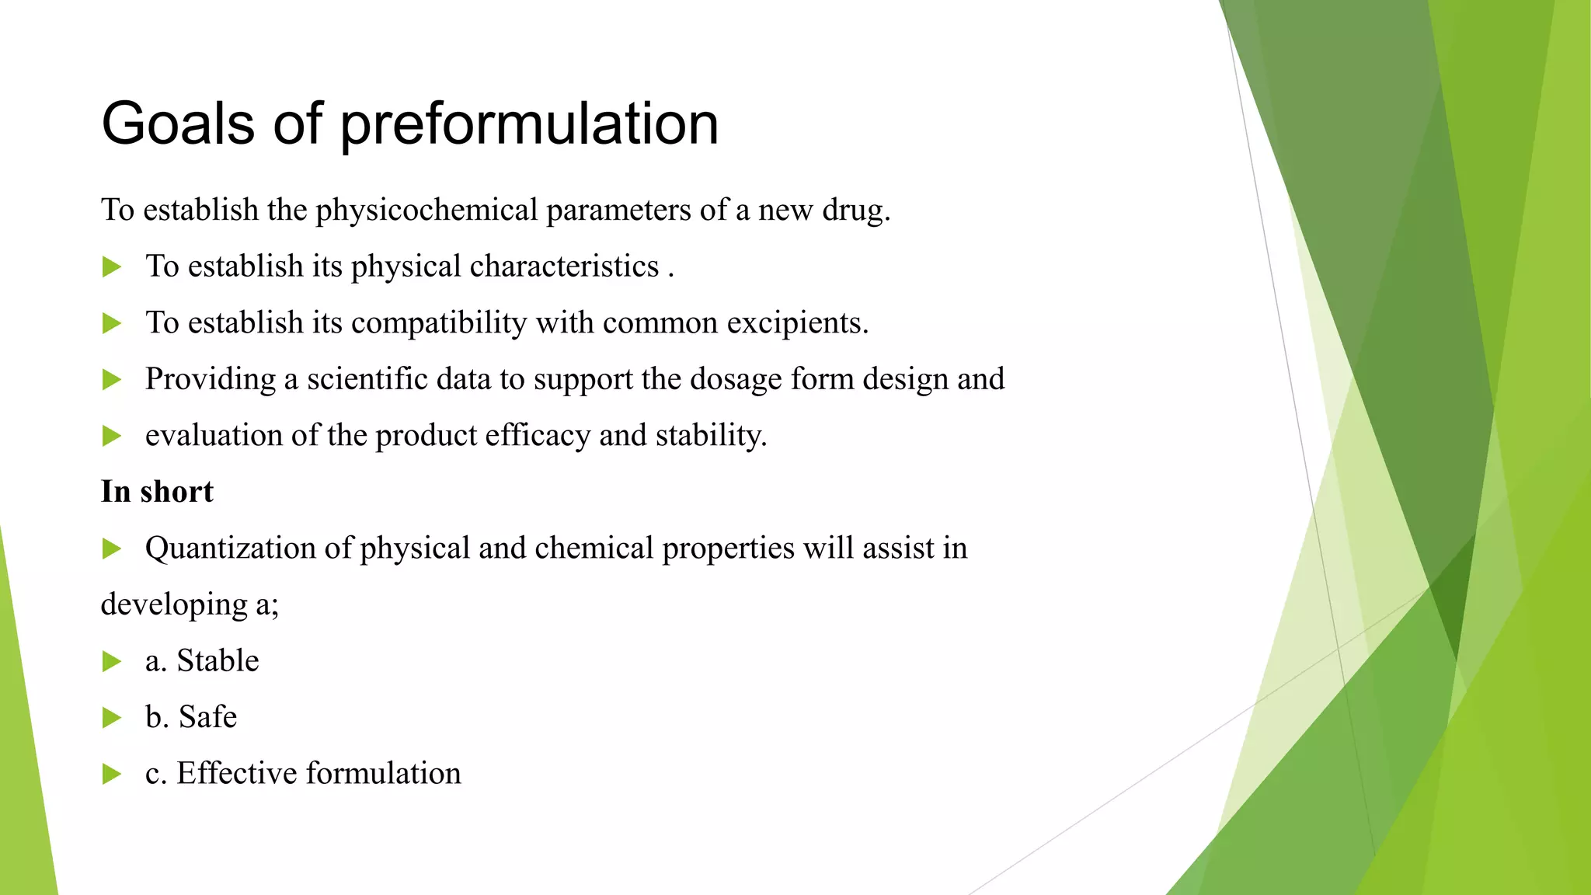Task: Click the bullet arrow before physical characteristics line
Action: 112,267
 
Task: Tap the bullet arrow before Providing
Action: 112,380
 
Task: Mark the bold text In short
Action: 157,492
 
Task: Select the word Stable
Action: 218,661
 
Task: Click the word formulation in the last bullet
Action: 383,774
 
